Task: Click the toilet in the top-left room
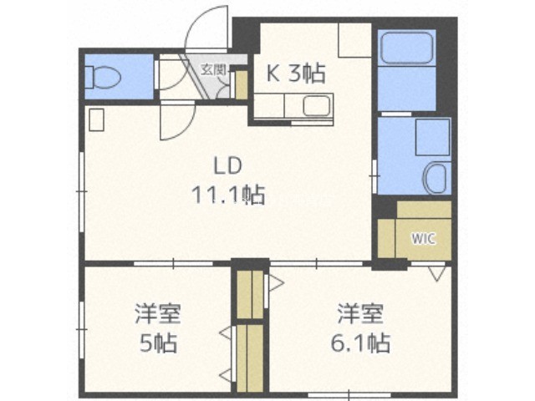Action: click(x=103, y=77)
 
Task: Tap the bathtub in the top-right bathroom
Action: click(x=406, y=48)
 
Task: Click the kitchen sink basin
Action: click(x=317, y=105)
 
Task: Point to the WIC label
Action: click(x=423, y=238)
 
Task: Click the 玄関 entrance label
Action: click(x=213, y=70)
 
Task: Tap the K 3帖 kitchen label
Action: click(x=295, y=74)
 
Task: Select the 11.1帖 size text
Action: click(x=228, y=195)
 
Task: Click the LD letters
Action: click(x=227, y=165)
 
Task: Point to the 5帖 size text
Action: click(x=159, y=343)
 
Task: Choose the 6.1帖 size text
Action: click(x=360, y=343)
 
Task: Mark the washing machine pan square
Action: click(x=432, y=137)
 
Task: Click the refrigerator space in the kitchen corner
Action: click(x=354, y=40)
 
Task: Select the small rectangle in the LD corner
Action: click(x=97, y=119)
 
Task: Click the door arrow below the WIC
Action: click(x=437, y=274)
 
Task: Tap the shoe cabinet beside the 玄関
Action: click(x=242, y=85)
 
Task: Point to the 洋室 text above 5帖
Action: click(x=157, y=313)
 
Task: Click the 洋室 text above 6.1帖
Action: click(x=360, y=313)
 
